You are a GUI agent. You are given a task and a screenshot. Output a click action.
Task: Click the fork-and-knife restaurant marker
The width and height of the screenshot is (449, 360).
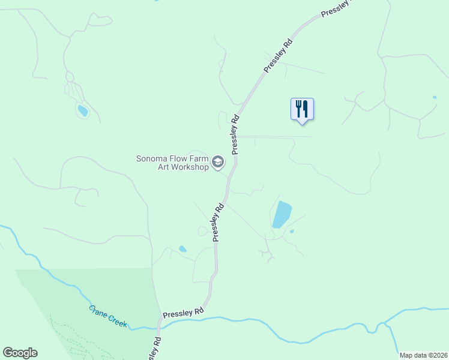pos(302,110)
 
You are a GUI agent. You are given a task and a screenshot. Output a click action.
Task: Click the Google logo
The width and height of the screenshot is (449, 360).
pos(20,353)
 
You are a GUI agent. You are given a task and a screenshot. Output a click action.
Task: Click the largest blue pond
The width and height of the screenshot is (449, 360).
pos(282,215)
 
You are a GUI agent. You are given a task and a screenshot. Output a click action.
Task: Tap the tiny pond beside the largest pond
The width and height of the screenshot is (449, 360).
pos(292,231)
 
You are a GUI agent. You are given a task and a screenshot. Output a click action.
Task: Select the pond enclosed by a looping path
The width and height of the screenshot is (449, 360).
pos(82,110)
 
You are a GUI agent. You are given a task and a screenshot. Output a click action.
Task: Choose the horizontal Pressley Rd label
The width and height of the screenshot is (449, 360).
pos(183,313)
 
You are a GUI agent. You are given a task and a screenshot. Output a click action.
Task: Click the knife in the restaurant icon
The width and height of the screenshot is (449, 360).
pos(306,109)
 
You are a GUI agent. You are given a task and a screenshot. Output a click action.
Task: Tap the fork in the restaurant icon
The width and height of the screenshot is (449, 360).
pos(298,109)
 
